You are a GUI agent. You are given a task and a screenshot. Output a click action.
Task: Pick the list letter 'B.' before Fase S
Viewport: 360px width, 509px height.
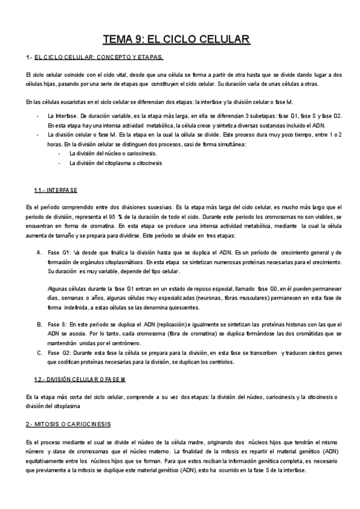click(40, 325)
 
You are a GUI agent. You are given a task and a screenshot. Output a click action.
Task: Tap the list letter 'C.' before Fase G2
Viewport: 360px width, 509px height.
click(40, 353)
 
